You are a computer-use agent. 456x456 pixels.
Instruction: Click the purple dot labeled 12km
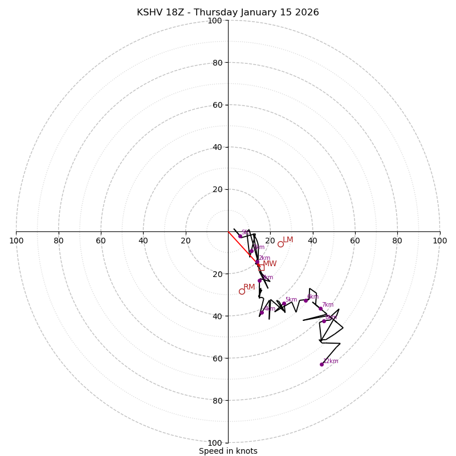321,364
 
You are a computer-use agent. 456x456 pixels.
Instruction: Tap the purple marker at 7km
320,309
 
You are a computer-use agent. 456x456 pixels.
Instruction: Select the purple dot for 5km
284,304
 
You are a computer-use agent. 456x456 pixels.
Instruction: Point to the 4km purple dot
262,312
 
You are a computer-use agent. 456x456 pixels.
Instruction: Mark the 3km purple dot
259,280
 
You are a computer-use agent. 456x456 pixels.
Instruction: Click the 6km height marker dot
306,300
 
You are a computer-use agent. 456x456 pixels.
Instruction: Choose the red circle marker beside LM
280,244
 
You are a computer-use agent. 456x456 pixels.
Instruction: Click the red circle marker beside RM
242,291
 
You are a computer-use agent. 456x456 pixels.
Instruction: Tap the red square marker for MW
261,267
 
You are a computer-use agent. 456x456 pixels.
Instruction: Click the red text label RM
249,287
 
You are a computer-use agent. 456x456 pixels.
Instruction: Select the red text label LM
288,240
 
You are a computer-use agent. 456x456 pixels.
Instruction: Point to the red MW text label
270,264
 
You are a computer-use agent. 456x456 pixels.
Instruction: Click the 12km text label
331,361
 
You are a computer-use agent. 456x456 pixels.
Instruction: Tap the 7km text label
328,305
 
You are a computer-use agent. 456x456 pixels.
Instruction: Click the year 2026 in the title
307,13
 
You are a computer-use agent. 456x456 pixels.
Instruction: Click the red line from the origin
239,244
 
